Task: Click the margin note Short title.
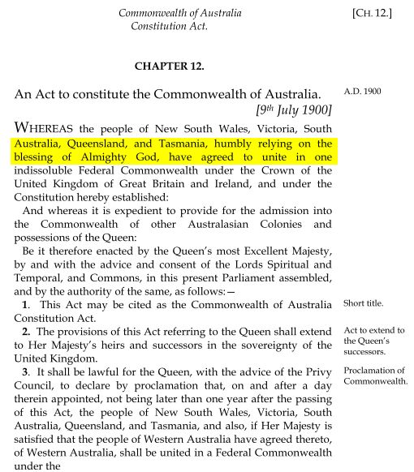[364, 304]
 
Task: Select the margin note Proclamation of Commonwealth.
[376, 375]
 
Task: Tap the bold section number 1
[27, 303]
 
